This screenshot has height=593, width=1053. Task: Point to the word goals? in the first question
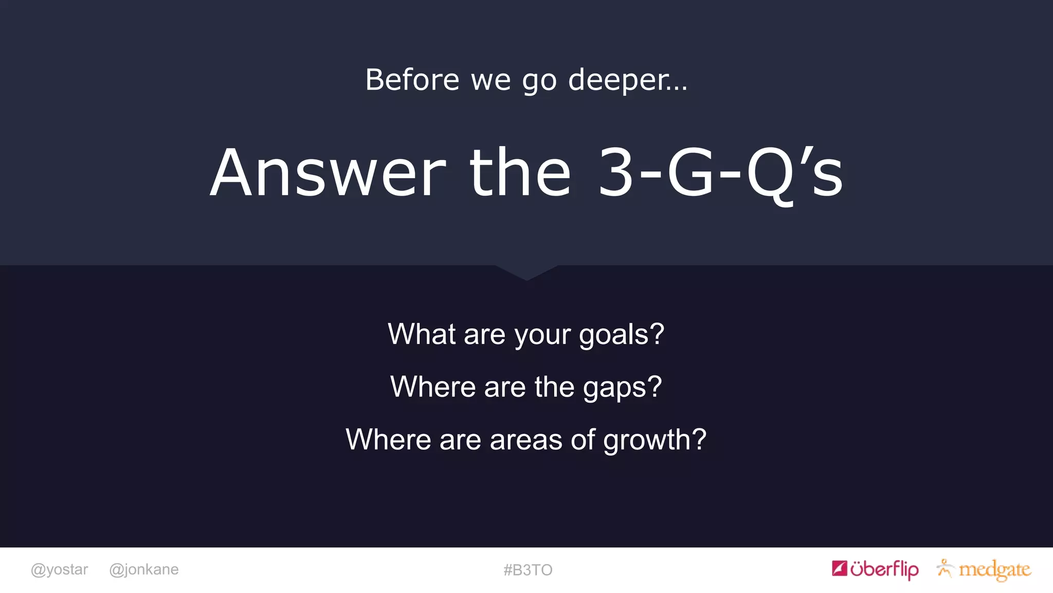coord(622,335)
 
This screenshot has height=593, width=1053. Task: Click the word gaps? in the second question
coord(622,387)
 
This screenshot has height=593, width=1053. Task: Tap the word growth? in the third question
coord(655,440)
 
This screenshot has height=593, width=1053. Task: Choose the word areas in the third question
coord(526,440)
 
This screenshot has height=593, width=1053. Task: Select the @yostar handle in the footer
coord(60,569)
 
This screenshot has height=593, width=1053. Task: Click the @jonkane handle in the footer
coord(144,569)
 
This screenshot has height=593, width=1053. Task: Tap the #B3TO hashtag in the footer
coord(528,570)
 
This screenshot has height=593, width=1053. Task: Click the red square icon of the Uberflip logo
coord(839,568)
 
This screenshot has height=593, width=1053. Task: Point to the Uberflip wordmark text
coord(884,569)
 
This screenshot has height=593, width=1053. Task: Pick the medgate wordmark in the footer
coord(994,570)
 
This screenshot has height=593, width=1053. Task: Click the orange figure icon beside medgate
coord(945,568)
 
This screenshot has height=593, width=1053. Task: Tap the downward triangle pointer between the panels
coord(526,272)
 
